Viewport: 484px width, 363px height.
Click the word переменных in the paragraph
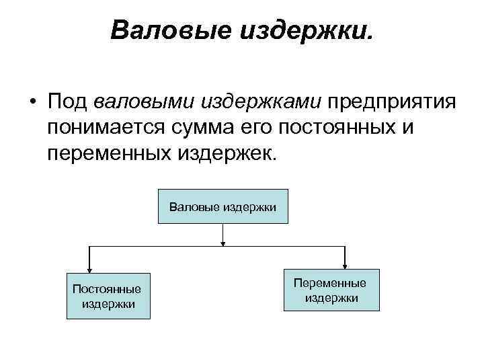click(x=110, y=154)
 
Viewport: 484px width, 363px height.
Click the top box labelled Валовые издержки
click(x=223, y=207)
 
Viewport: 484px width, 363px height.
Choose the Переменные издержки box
click(x=331, y=290)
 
